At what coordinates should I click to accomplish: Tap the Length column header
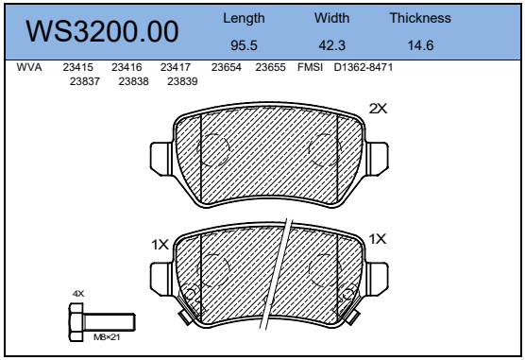pyautogui.click(x=244, y=18)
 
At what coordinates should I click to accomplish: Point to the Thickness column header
pyautogui.click(x=420, y=18)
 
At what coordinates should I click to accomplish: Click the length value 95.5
pyautogui.click(x=244, y=44)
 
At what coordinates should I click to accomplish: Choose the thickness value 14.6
pyautogui.click(x=420, y=44)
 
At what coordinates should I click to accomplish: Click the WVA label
pyautogui.click(x=29, y=68)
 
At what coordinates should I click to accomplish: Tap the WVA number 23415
pyautogui.click(x=77, y=68)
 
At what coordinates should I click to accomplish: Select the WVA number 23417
pyautogui.click(x=176, y=68)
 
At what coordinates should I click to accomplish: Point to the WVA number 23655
pyautogui.click(x=270, y=68)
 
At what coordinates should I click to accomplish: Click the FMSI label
pyautogui.click(x=310, y=68)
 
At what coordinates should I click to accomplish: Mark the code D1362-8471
pyautogui.click(x=364, y=68)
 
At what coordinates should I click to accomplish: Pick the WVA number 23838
pyautogui.click(x=133, y=81)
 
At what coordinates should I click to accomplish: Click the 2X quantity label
pyautogui.click(x=378, y=110)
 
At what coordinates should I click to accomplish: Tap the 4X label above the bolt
pyautogui.click(x=78, y=293)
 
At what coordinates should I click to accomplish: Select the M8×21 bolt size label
pyautogui.click(x=107, y=337)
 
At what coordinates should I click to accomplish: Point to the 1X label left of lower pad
pyautogui.click(x=160, y=244)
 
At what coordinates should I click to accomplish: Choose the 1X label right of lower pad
pyautogui.click(x=378, y=239)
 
